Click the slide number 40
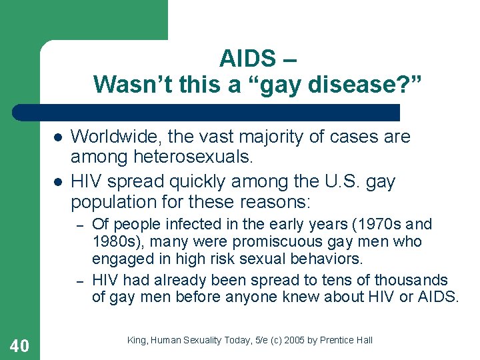20,345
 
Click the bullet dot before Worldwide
58,137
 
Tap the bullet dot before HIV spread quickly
58,182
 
